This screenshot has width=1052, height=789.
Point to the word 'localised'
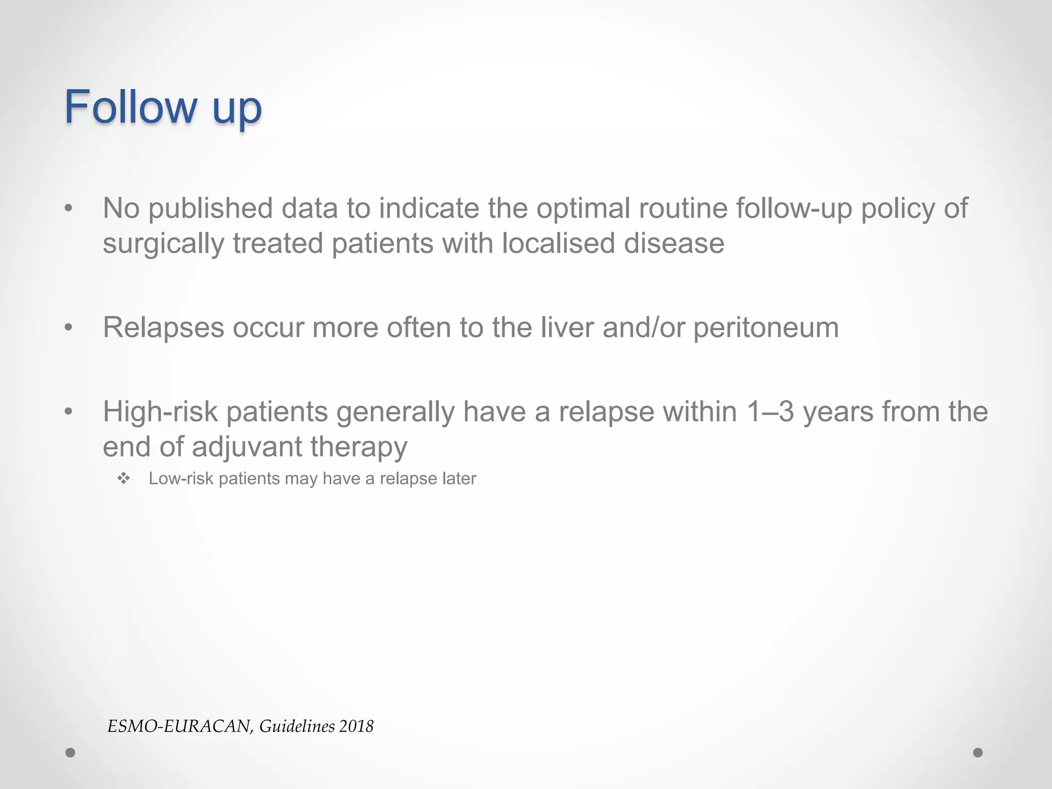point(558,243)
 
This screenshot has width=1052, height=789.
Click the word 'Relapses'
point(163,327)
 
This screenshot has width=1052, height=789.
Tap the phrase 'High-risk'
point(160,412)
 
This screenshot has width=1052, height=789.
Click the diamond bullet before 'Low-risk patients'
point(124,479)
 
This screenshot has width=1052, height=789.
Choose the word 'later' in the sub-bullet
point(459,479)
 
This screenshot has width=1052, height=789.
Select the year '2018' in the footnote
point(356,726)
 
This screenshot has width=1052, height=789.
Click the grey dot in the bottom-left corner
point(70,753)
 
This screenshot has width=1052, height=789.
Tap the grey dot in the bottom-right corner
point(978,753)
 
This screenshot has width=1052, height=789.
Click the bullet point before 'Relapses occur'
point(68,328)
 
